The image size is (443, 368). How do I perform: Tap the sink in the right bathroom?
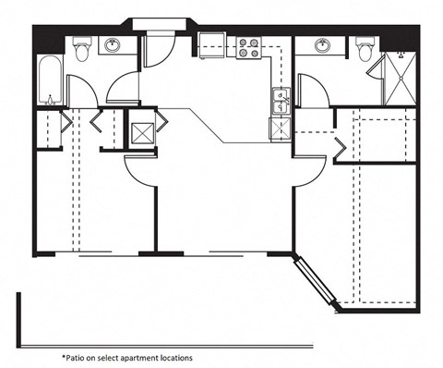click(323, 46)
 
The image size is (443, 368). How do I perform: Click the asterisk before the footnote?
click(65, 354)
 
